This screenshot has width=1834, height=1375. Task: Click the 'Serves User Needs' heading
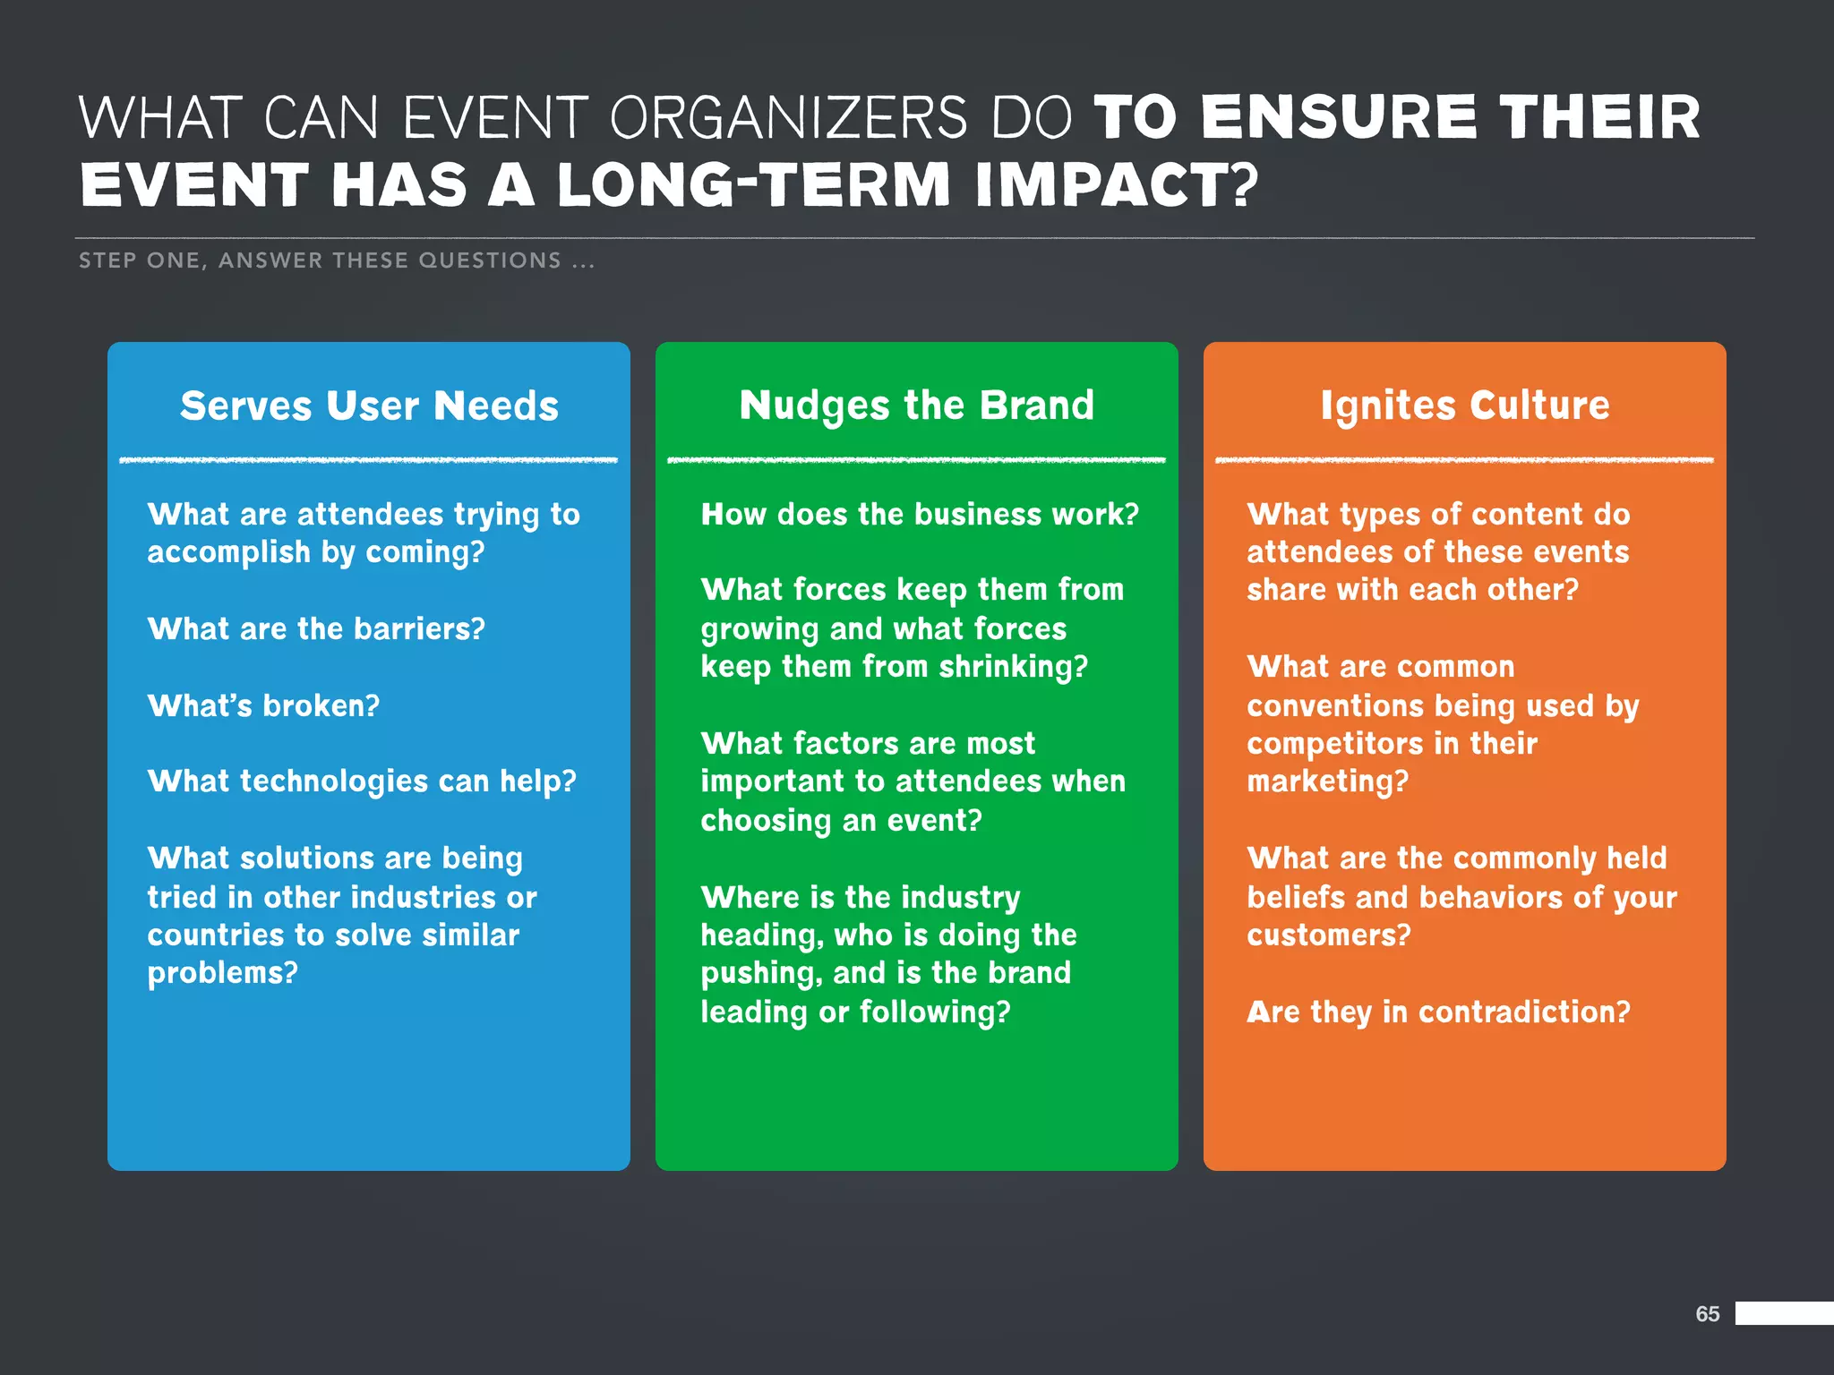(369, 406)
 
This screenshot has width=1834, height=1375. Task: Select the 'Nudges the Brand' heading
(916, 406)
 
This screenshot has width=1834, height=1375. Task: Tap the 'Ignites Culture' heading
(1464, 406)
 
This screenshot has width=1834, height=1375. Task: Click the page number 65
(1707, 1314)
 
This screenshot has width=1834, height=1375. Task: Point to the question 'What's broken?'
(263, 706)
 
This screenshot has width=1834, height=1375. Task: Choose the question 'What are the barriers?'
(316, 629)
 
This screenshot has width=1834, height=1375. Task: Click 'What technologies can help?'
(362, 782)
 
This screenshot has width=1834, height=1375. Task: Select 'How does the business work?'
(920, 515)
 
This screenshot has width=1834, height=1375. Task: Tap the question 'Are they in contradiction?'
(1438, 1012)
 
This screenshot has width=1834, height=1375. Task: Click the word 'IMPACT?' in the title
(1117, 185)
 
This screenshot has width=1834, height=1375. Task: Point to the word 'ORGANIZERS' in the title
(788, 118)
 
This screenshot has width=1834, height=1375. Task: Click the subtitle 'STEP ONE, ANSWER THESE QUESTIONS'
(320, 260)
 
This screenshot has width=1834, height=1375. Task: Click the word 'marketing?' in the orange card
(1327, 782)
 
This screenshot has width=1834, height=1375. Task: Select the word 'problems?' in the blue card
(222, 974)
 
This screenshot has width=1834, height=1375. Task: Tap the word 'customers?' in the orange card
(1328, 935)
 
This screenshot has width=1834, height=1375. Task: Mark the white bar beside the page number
(1784, 1313)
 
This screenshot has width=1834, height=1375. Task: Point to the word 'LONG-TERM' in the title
(753, 185)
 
